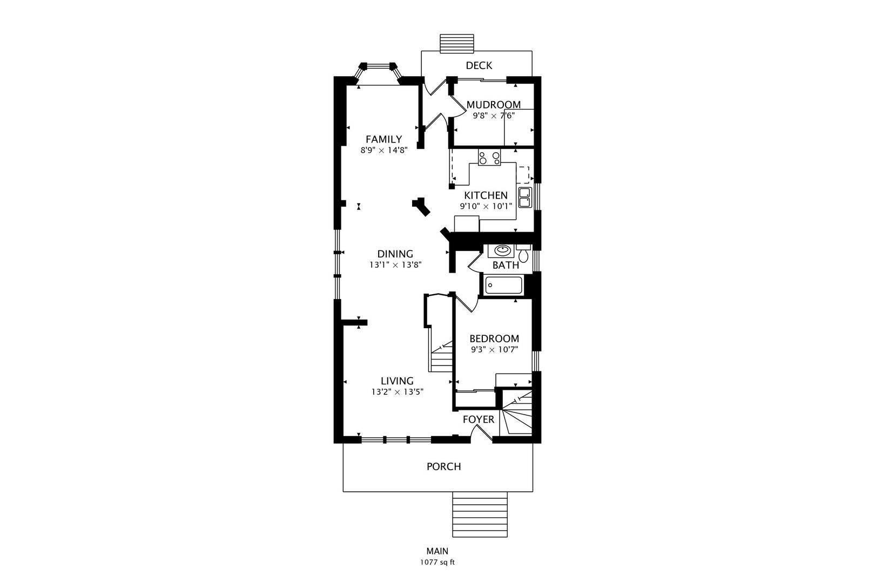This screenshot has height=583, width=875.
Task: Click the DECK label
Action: [479, 66]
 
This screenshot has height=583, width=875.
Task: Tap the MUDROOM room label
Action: [493, 105]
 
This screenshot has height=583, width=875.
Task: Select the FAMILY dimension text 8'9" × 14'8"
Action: [384, 150]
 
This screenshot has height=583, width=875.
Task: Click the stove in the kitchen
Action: [489, 158]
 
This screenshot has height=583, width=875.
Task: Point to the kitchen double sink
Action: [524, 198]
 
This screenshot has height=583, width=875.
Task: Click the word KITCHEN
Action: [486, 195]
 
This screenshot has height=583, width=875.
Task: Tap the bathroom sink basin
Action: [501, 250]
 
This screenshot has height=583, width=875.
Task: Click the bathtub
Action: [503, 285]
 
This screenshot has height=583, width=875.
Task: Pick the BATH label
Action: [506, 265]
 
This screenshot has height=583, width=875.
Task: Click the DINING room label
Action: [395, 254]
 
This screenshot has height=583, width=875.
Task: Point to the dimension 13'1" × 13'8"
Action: [395, 265]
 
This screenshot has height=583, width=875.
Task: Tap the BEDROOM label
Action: [494, 338]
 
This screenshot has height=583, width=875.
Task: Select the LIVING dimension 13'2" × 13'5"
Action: [398, 392]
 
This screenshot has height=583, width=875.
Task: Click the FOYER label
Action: [479, 419]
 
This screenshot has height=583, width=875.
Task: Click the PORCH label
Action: [444, 466]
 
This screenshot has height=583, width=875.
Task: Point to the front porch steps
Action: [480, 514]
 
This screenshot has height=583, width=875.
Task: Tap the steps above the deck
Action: [457, 43]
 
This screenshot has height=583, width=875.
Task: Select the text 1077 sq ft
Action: [437, 562]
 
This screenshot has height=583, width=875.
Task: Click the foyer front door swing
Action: [481, 433]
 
